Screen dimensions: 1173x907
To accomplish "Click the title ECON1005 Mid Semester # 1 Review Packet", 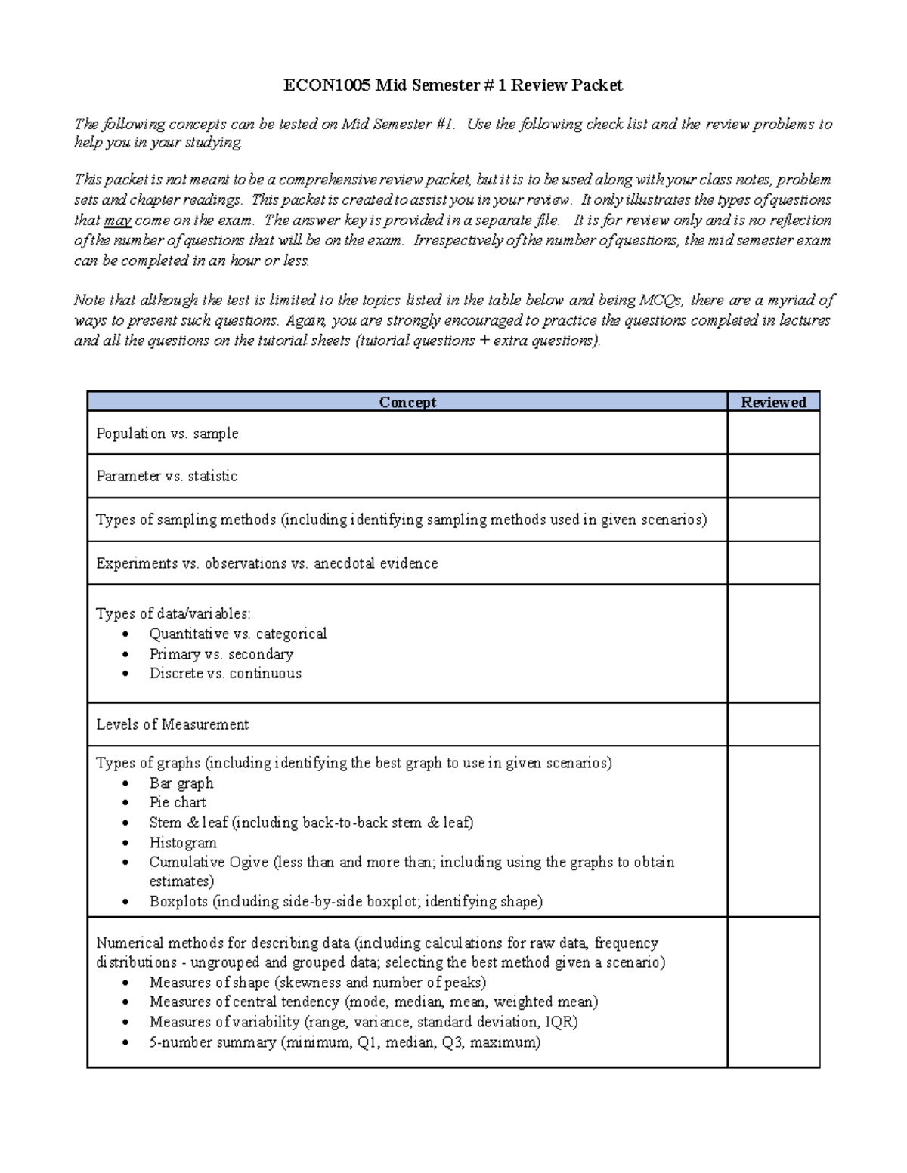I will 453,85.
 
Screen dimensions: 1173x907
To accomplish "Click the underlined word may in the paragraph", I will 117,221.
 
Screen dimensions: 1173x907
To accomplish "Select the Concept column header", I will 407,402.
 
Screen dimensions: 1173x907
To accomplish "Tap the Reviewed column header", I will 773,402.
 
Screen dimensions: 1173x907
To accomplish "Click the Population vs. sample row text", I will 167,434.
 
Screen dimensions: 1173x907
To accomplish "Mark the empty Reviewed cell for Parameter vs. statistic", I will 773,476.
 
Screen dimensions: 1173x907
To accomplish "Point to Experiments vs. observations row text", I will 267,563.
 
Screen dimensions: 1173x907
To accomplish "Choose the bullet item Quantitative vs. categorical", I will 237,634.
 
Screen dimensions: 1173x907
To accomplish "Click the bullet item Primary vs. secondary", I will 221,654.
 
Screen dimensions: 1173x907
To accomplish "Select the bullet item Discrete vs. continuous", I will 225,674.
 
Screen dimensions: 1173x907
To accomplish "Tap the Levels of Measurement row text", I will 172,724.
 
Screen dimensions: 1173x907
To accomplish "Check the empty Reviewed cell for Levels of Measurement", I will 773,724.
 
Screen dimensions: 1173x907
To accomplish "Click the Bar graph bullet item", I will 181,783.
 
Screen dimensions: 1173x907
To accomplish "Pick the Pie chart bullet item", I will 178,802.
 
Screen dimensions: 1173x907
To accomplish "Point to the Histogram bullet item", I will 183,843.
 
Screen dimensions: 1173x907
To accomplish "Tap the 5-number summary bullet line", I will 345,1042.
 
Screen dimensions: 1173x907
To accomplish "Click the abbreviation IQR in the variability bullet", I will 561,1022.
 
